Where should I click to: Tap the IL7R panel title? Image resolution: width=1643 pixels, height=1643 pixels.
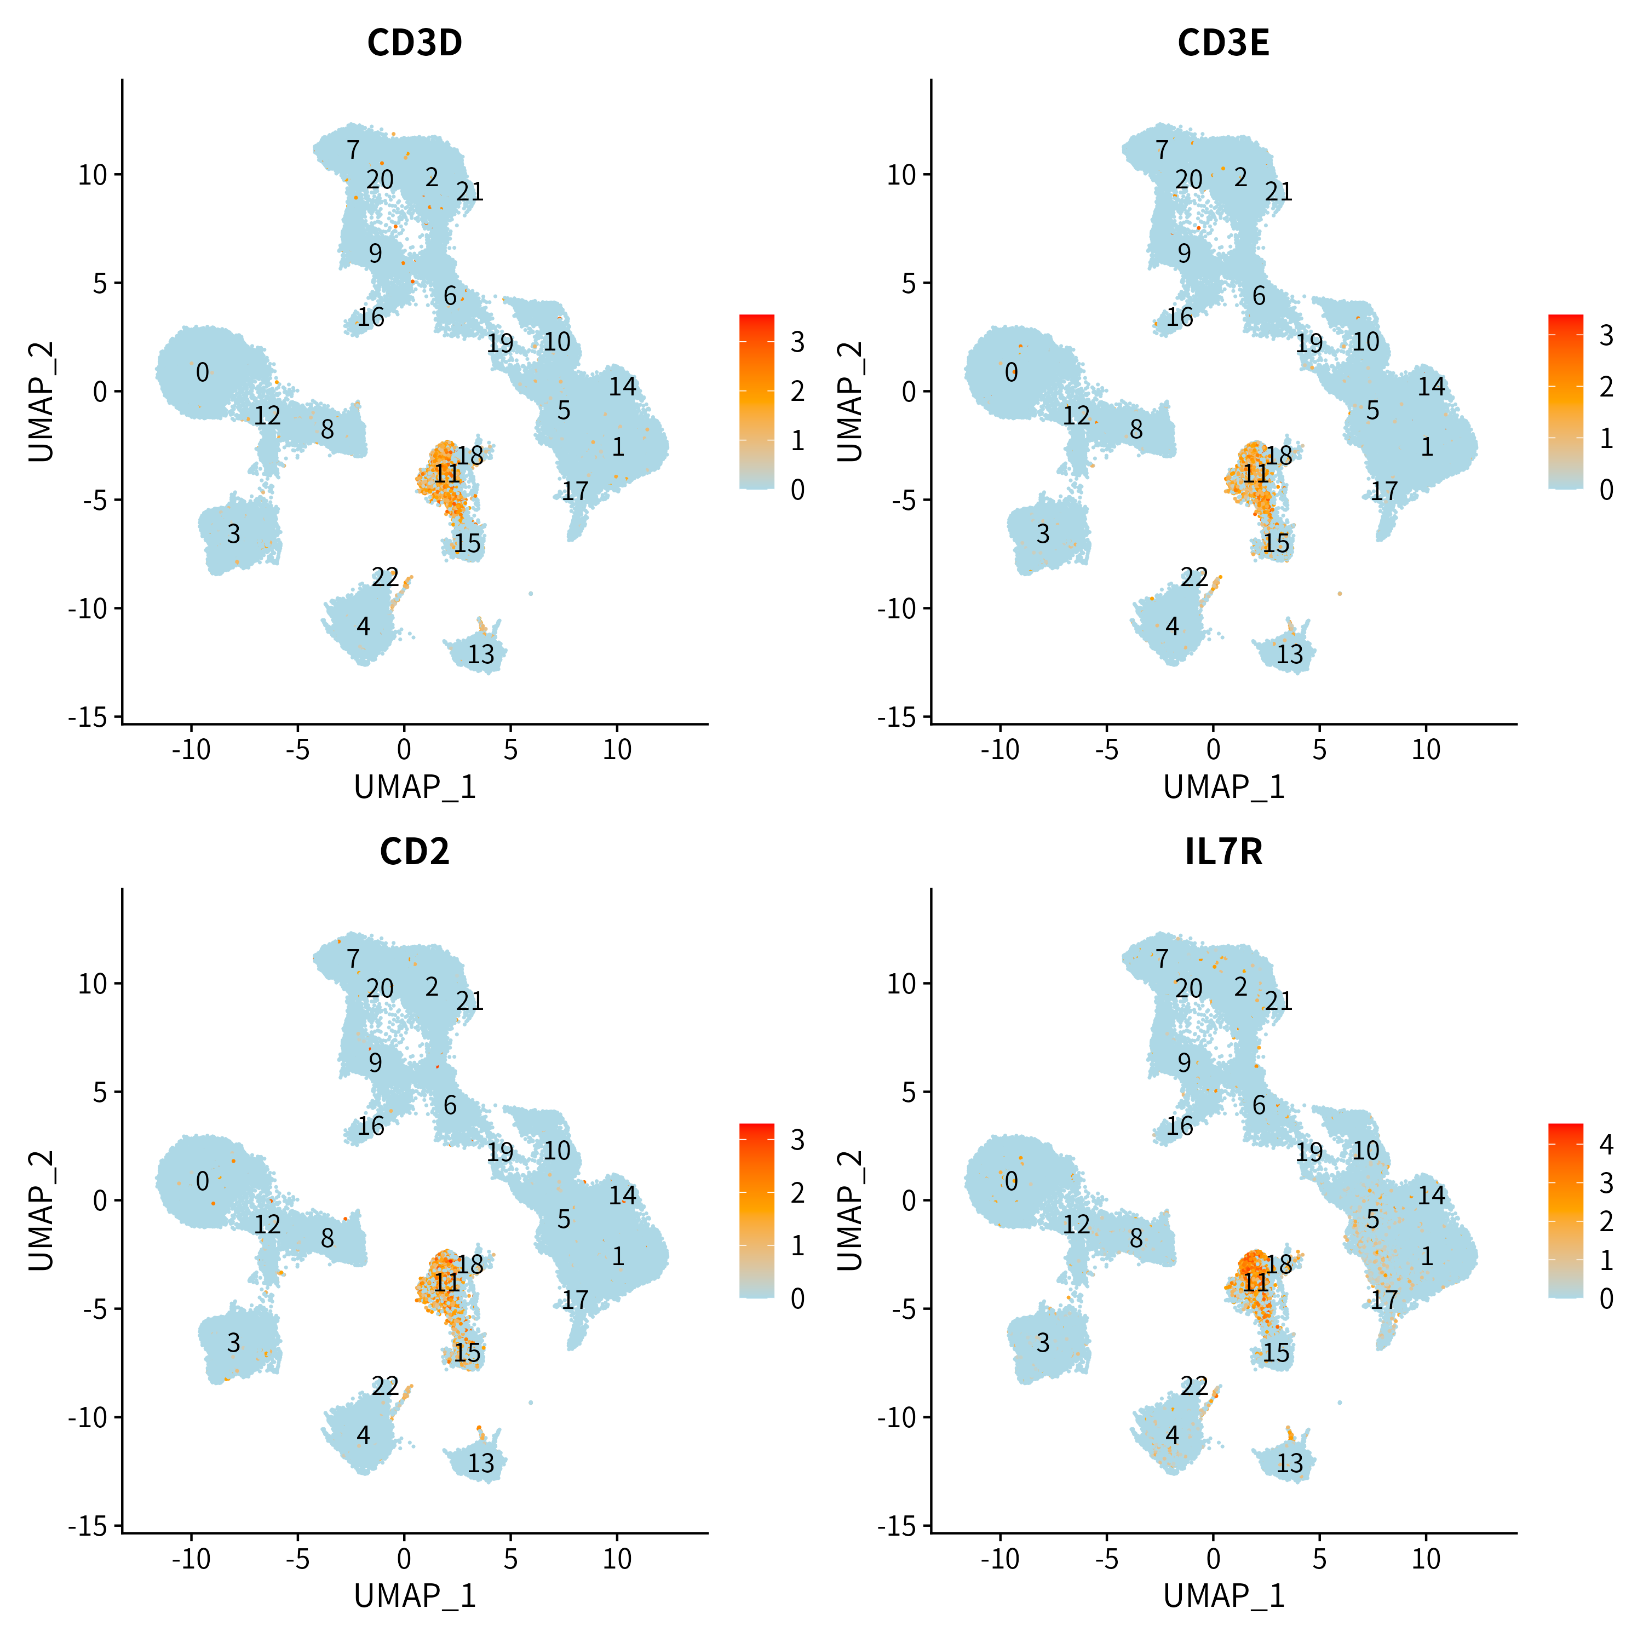(1223, 851)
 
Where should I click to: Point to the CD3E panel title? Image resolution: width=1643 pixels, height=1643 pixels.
(1223, 43)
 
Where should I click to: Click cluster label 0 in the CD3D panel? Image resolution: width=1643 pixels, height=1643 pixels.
(203, 372)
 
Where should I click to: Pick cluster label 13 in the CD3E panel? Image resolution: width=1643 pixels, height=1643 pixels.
(1290, 654)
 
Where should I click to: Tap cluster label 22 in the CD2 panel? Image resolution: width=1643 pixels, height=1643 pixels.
(385, 1386)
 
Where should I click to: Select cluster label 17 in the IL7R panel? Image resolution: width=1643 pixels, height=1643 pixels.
(1385, 1300)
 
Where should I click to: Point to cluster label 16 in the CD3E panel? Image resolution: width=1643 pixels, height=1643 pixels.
(1180, 317)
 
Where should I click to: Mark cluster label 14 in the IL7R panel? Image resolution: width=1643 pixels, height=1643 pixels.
(1432, 1196)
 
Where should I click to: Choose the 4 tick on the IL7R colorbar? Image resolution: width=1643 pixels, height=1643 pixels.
(1606, 1145)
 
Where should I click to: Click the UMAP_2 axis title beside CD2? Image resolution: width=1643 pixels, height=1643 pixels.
(41, 1211)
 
